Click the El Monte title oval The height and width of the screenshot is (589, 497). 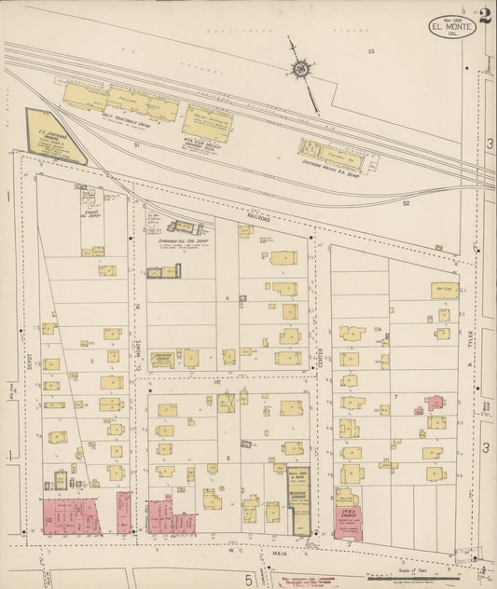[x=452, y=28]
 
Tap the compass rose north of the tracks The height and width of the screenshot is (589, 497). [x=300, y=68]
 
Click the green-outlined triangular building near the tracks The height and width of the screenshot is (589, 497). [x=53, y=136]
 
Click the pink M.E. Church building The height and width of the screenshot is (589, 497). [x=348, y=522]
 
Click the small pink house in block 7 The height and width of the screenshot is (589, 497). [x=435, y=403]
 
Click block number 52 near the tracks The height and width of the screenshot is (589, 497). [x=406, y=202]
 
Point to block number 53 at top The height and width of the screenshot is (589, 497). [x=370, y=51]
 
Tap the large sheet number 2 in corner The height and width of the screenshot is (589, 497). [x=486, y=15]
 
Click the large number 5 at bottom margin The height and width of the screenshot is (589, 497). [x=249, y=580]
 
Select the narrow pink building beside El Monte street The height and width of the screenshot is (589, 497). [x=123, y=513]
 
